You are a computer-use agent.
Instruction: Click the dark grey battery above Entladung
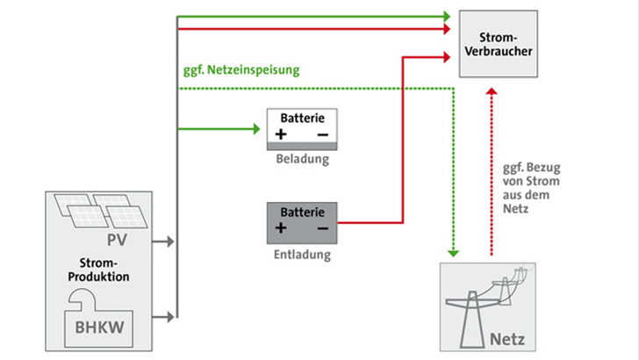(302, 221)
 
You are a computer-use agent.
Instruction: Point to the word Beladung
(302, 160)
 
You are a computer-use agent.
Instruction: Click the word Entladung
(301, 256)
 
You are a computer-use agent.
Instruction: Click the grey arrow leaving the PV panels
(164, 240)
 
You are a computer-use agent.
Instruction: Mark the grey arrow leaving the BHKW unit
(164, 315)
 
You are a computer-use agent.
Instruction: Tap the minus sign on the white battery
(322, 134)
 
